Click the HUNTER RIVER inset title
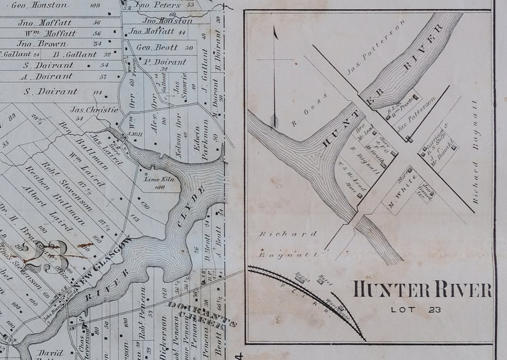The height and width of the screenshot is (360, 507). [x=422, y=290]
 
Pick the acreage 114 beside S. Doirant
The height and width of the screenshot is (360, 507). [x=97, y=93]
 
